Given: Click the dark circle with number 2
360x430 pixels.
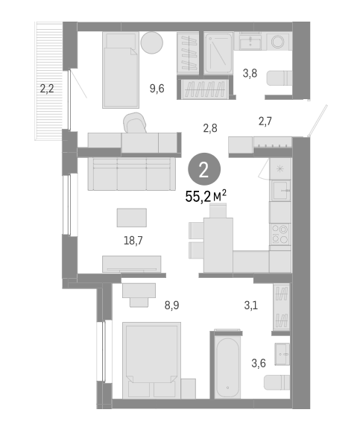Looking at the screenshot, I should point(203,169).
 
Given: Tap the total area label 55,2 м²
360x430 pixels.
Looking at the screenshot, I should point(206,197).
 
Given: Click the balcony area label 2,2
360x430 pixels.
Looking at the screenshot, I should point(46,89).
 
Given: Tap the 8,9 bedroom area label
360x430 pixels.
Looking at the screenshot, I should point(171,304).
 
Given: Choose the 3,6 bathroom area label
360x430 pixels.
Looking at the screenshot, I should point(258,364).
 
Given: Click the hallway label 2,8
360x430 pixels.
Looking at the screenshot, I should point(210,128).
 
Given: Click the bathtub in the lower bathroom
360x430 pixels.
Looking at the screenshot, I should point(226,367).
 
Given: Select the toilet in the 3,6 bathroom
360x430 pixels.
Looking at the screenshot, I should point(279,382).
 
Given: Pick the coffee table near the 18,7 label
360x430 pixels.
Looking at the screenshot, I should point(132,217).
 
